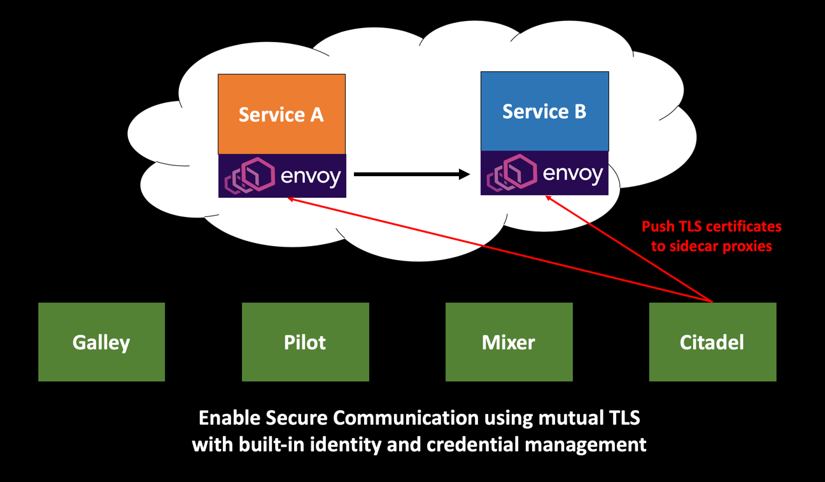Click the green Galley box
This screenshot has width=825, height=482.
pos(101,342)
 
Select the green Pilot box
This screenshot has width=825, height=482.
pos(305,342)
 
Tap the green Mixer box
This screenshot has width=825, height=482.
pos(509,342)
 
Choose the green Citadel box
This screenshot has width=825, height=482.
pos(712,342)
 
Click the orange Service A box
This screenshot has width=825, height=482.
pos(281,114)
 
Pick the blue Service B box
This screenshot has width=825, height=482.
pos(544,111)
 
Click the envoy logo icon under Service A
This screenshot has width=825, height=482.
pos(250,176)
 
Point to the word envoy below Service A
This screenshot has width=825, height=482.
pos(311,176)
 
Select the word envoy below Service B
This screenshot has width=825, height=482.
pos(573,173)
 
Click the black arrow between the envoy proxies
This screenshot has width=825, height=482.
pos(407,174)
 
